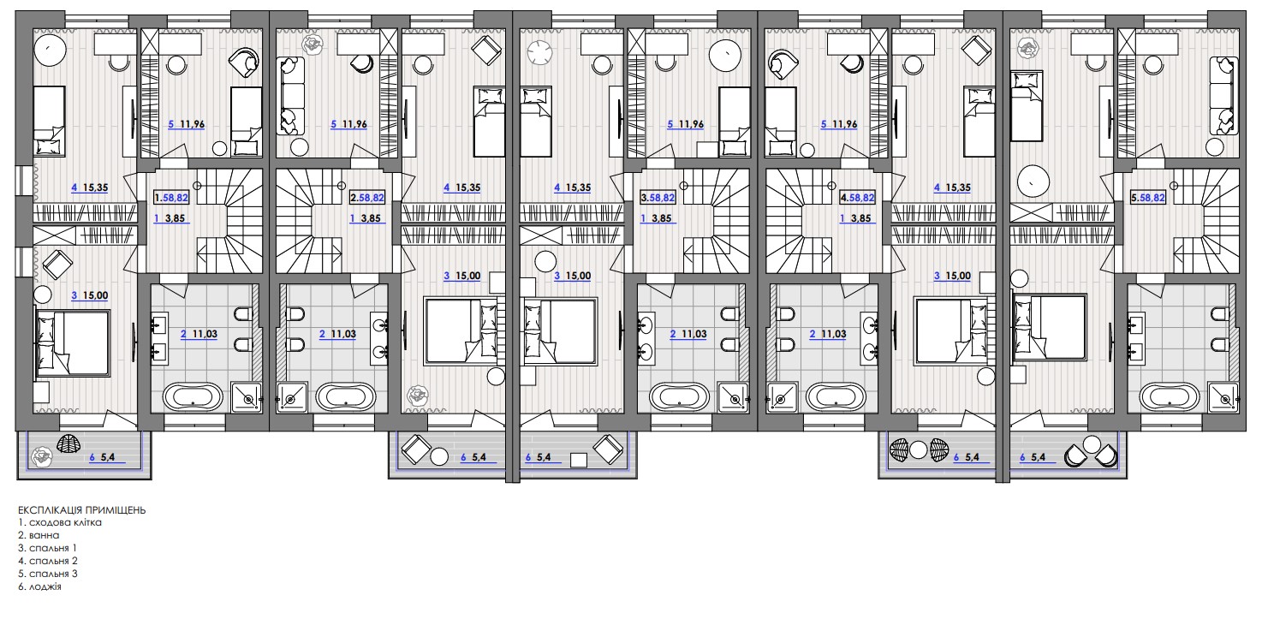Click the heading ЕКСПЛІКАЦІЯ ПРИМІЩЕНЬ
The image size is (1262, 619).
click(81, 509)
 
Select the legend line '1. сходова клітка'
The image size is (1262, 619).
click(60, 523)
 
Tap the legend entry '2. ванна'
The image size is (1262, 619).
click(39, 536)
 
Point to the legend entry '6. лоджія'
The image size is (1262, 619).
click(39, 587)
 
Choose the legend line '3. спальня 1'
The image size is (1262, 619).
click(47, 548)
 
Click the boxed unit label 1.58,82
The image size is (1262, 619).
click(171, 198)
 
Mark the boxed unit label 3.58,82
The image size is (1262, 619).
click(658, 198)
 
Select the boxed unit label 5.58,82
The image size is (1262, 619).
click(1148, 198)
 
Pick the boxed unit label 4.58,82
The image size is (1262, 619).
click(858, 198)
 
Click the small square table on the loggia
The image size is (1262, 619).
click(579, 460)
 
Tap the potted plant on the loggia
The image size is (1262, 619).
click(41, 457)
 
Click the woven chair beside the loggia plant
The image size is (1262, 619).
click(69, 444)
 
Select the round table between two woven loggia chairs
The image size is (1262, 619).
click(919, 450)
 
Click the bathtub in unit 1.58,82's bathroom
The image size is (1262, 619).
click(193, 396)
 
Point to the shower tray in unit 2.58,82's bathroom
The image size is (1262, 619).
click(292, 398)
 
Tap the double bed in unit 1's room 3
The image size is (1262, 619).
click(72, 342)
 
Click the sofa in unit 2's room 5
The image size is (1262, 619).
click(290, 96)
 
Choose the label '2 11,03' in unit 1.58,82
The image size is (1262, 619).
click(199, 334)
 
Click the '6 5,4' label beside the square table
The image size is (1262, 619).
click(539, 457)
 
